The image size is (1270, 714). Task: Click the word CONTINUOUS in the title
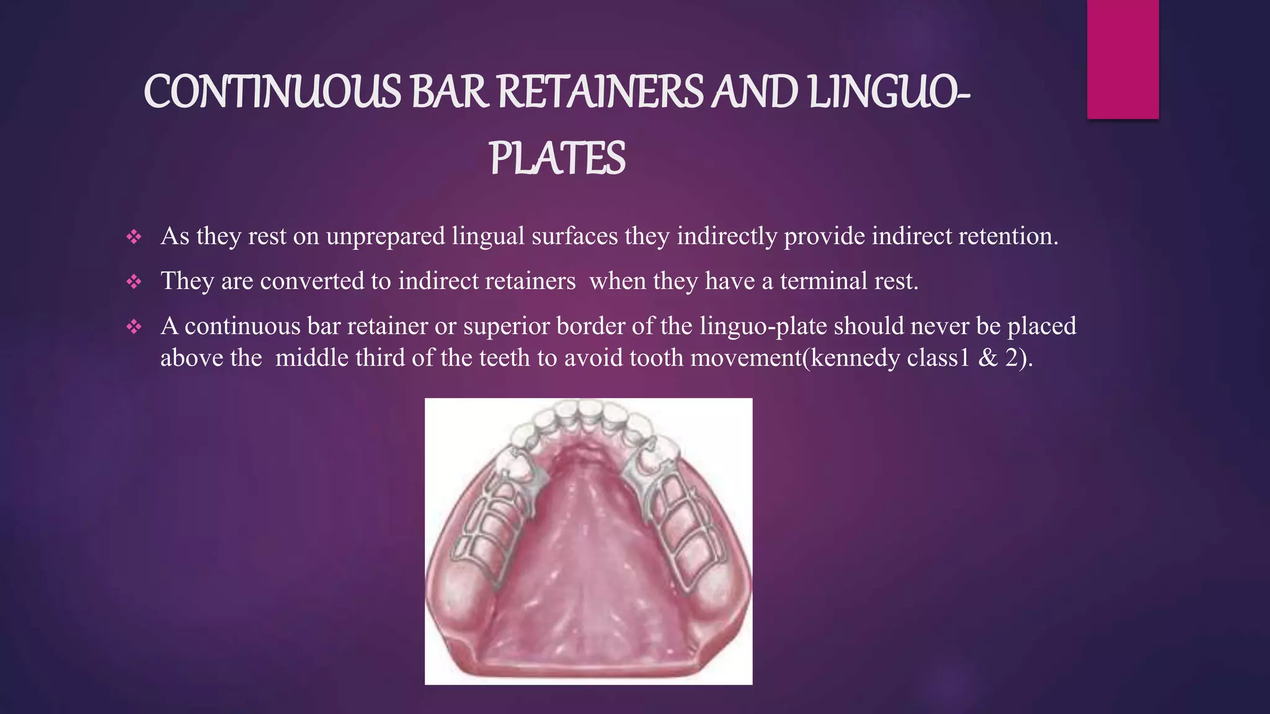[272, 92]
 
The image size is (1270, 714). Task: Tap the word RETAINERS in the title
[600, 92]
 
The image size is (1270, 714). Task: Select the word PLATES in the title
[557, 159]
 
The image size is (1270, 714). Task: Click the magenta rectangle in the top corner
[1122, 59]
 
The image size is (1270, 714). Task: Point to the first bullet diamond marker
[134, 237]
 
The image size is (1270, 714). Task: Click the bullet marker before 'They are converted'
[134, 282]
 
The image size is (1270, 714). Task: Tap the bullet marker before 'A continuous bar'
[134, 327]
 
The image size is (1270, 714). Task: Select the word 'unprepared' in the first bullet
[386, 236]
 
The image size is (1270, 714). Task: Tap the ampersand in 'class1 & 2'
[988, 358]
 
